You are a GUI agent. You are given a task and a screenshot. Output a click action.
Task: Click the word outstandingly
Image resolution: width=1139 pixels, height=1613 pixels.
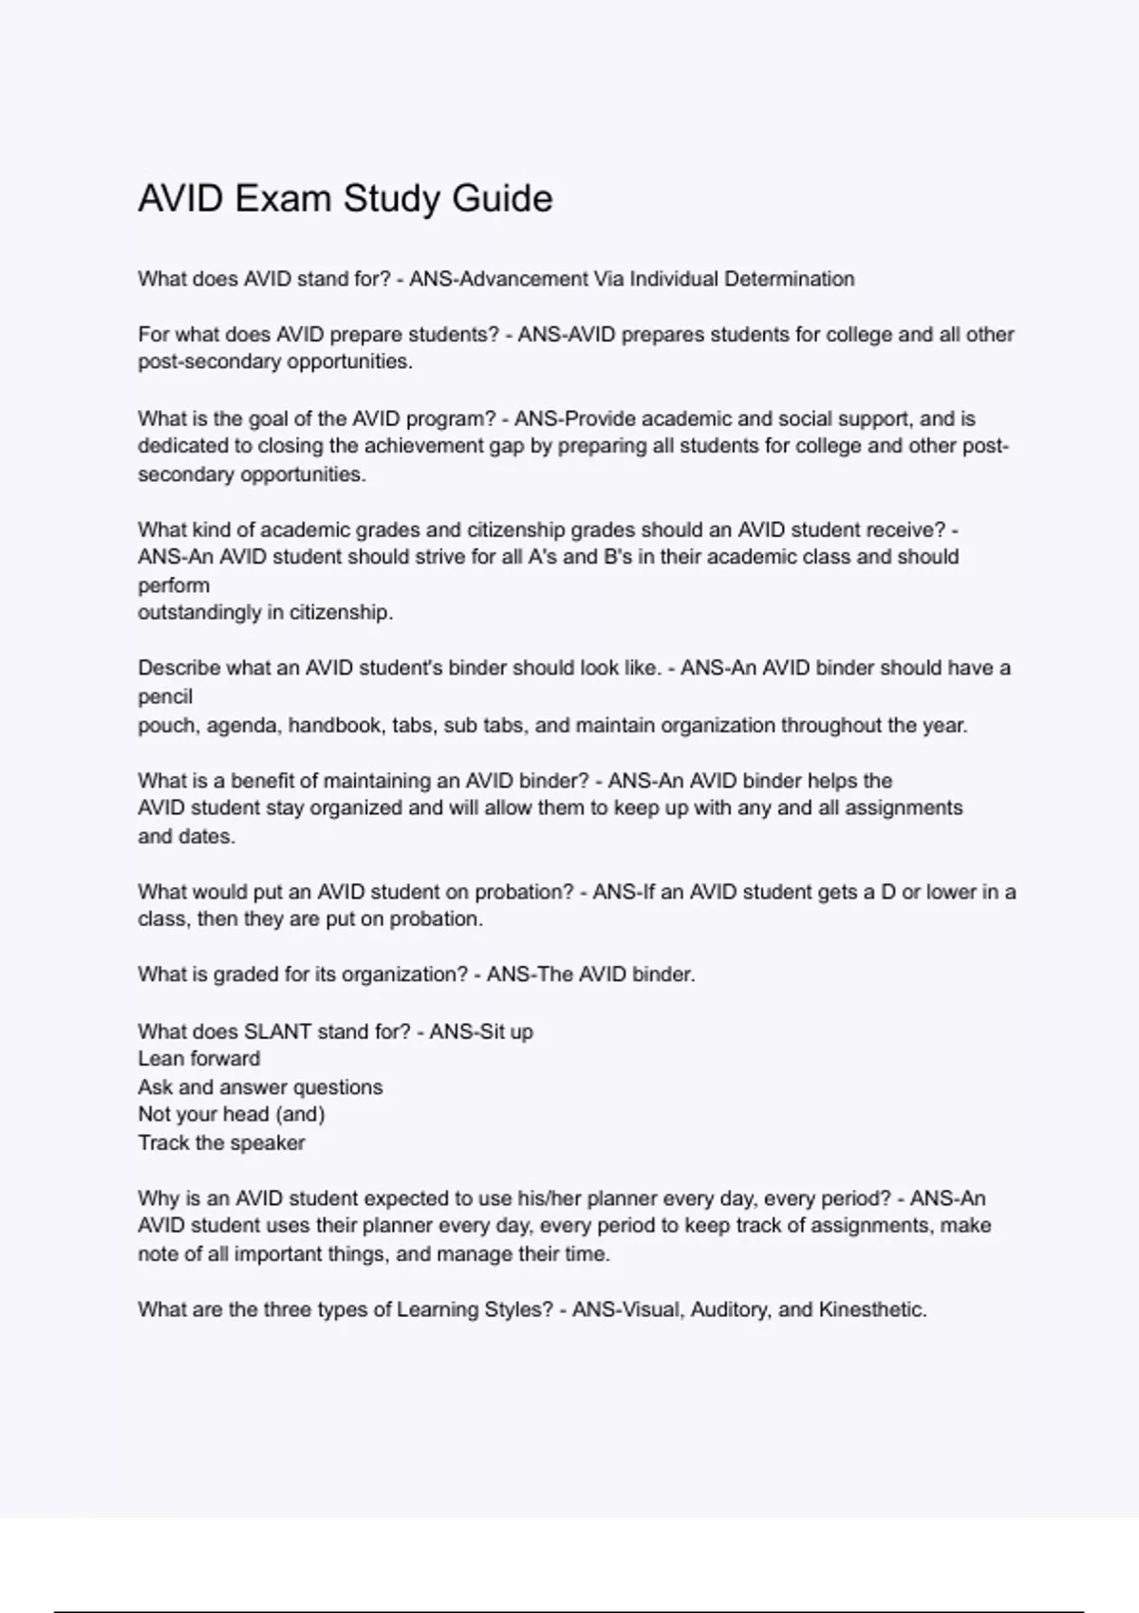199,613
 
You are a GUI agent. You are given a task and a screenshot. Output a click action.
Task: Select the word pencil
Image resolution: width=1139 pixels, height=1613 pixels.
165,696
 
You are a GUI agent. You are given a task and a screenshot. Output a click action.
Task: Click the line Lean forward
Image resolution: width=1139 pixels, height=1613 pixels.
198,1059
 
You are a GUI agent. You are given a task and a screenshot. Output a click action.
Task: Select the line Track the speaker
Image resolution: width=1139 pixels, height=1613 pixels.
221,1142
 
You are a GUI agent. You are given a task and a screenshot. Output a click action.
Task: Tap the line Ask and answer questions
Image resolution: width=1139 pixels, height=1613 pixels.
260,1087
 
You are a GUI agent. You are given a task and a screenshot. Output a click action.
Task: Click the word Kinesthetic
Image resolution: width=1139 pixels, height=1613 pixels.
871,1310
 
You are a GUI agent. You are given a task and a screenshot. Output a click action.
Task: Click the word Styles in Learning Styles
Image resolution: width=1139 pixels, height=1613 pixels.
517,1310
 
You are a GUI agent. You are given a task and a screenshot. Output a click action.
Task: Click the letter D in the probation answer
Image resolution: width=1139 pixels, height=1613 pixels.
887,892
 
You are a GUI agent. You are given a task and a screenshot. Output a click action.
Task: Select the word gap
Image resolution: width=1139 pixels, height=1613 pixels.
507,446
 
